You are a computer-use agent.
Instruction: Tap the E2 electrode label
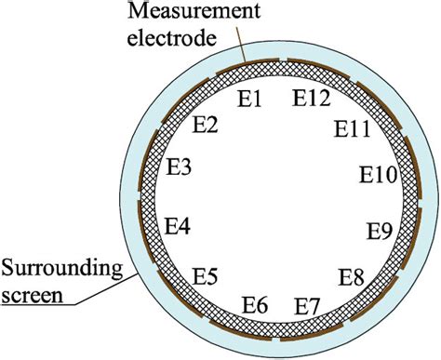(x=206, y=127)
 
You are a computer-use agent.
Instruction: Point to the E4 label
(x=177, y=225)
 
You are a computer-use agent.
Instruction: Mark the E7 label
(x=307, y=305)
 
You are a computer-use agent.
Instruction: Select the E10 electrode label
(x=378, y=174)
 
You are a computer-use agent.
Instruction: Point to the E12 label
(x=312, y=96)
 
